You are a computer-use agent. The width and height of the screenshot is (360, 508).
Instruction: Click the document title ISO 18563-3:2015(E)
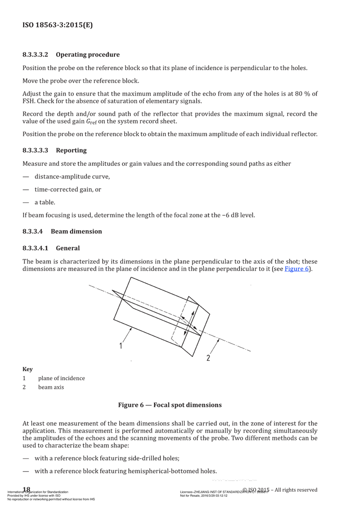[x=58, y=25]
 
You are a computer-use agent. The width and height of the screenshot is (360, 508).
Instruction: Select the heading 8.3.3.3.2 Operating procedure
[x=71, y=55]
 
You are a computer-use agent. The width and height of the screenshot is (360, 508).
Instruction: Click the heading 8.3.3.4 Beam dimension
[x=62, y=232]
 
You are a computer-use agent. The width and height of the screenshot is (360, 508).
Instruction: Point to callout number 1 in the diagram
[x=121, y=346]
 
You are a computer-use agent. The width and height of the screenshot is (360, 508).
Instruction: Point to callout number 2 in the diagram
[x=208, y=358]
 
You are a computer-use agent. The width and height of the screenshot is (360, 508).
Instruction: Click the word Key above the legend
[x=27, y=369]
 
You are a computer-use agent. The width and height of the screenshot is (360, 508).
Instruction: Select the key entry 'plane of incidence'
[x=61, y=378]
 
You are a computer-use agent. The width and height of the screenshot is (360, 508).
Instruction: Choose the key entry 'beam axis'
[x=51, y=387]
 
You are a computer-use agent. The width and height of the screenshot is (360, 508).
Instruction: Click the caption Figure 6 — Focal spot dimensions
[x=170, y=405]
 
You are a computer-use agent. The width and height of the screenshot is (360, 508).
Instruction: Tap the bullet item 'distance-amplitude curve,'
[x=72, y=177]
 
